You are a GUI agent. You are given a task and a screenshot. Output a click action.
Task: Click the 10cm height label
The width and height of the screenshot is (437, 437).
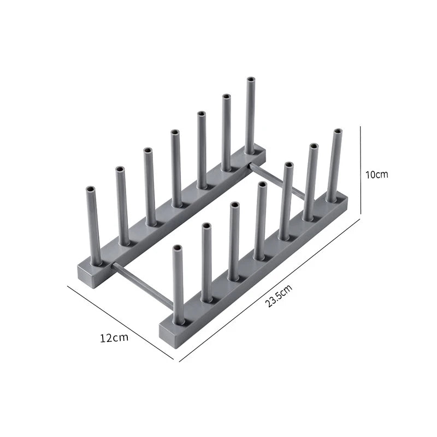(x=376, y=175)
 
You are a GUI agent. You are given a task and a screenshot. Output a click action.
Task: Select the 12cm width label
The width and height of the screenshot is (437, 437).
(x=114, y=337)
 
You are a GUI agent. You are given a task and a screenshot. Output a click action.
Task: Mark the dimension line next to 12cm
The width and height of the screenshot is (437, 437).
(x=120, y=322)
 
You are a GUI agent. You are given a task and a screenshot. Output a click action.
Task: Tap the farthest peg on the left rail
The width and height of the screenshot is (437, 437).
(x=250, y=115)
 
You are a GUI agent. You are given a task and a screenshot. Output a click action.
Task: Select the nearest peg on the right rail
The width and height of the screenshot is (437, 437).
(x=178, y=284)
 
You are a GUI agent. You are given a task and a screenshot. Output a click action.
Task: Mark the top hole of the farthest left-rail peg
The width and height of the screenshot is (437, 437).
(x=251, y=80)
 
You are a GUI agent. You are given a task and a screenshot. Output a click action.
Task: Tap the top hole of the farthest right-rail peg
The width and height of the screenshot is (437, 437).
(x=338, y=132)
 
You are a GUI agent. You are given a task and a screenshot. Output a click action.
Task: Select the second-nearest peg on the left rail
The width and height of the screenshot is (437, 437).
(x=122, y=205)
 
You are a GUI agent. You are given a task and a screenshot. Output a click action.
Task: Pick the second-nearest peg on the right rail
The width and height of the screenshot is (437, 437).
(x=206, y=262)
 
